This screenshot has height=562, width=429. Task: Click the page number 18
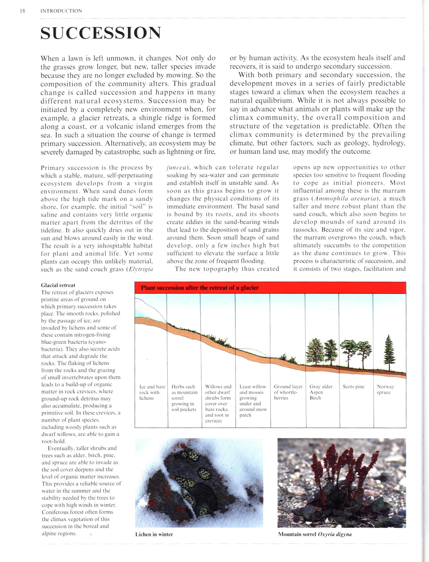22,11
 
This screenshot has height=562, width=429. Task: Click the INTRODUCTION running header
61,11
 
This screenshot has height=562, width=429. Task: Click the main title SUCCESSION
101,33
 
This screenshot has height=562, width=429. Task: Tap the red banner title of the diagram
200,288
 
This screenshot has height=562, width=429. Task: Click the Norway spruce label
385,389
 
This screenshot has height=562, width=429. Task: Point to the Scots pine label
353,387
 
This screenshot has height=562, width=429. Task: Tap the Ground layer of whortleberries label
288,392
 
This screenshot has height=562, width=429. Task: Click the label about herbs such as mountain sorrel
184,398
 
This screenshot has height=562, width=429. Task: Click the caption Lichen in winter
154,534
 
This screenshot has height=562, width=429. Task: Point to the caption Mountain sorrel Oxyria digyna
315,534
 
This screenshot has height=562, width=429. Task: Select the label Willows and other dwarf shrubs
218,401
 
